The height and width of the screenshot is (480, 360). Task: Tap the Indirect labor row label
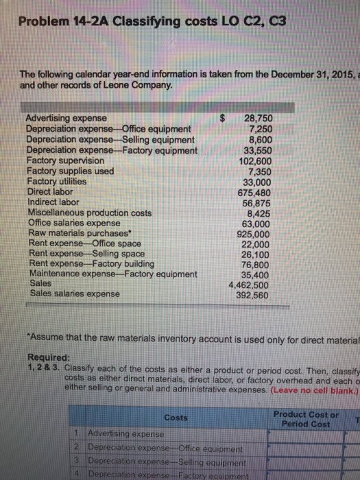54,202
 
